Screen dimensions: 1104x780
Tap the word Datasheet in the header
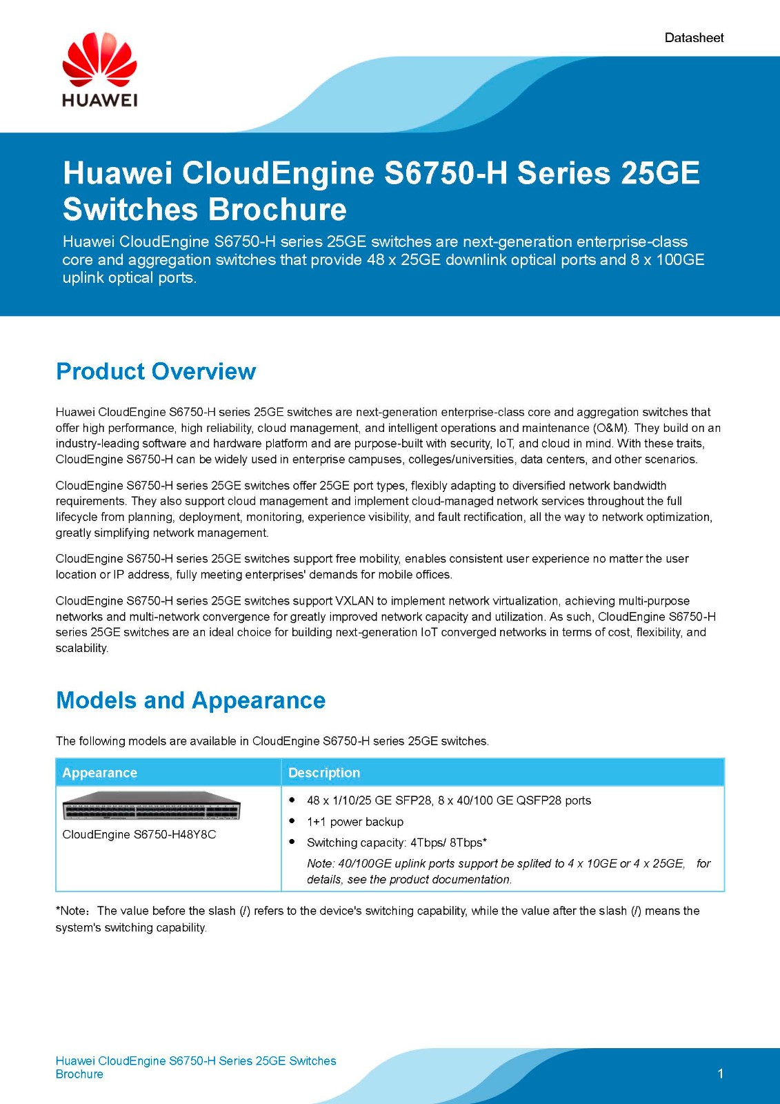[x=694, y=38]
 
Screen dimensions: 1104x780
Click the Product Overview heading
[x=156, y=371]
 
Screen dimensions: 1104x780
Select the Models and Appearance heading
[x=190, y=700]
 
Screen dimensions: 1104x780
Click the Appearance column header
[x=100, y=773]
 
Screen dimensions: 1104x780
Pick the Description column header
[x=324, y=773]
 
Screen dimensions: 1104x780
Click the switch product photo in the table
[x=151, y=806]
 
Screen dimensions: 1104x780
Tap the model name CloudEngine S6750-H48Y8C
[x=139, y=834]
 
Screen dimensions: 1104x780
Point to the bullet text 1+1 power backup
[x=355, y=822]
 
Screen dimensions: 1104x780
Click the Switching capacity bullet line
[x=397, y=842]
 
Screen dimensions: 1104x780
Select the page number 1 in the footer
[x=721, y=1074]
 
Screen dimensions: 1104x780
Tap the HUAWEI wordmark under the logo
[x=99, y=100]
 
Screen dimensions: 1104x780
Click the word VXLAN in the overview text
[x=354, y=601]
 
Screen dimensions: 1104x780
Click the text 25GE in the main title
[x=660, y=172]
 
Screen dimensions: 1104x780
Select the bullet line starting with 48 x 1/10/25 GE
[x=448, y=800]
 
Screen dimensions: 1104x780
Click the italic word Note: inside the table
[x=321, y=864]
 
